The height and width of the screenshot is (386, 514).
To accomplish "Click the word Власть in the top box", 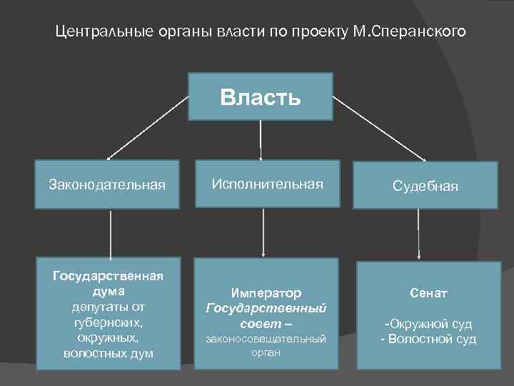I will click(x=261, y=97).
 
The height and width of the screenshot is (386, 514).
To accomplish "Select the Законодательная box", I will click(x=107, y=184).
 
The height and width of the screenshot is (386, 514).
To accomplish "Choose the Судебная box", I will click(x=425, y=186).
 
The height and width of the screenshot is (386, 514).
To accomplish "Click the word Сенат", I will click(x=428, y=293).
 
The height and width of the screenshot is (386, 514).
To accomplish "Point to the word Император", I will click(x=266, y=293).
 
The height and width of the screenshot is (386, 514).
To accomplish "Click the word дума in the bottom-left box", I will click(x=108, y=292).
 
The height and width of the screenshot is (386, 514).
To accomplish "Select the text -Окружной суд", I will click(x=428, y=324).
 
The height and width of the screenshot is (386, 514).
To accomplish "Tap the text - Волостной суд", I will click(x=428, y=339).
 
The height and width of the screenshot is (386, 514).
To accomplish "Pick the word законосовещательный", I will click(x=266, y=338).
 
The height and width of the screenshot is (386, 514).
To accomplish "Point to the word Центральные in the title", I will click(x=99, y=32).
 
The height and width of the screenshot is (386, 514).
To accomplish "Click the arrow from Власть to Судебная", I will click(x=378, y=129).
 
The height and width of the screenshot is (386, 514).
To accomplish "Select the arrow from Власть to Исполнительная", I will click(x=261, y=139).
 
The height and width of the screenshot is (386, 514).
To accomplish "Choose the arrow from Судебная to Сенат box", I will click(x=418, y=234).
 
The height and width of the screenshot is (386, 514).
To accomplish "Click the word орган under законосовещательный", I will click(x=266, y=352).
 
